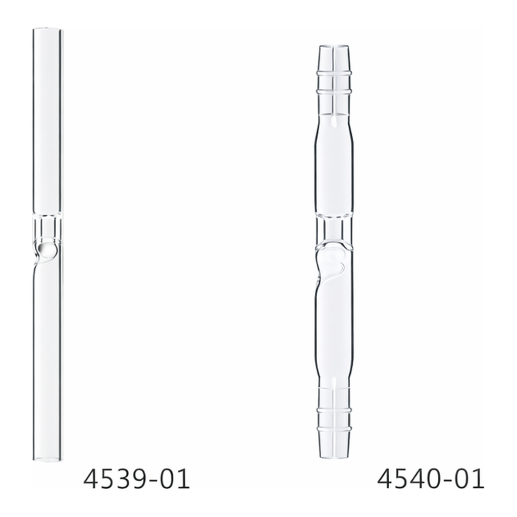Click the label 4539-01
coord(136,480)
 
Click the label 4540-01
coord(431,480)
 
